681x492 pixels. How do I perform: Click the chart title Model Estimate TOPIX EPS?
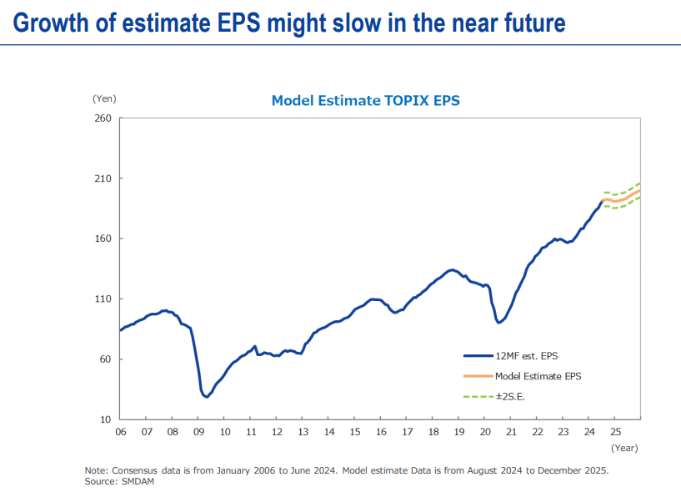pyautogui.click(x=365, y=101)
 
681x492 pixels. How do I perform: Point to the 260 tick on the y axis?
pyautogui.click(x=103, y=118)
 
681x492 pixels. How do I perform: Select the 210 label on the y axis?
pyautogui.click(x=103, y=178)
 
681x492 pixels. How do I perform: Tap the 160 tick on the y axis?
pyautogui.click(x=103, y=238)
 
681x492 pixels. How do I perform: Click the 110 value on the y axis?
pyautogui.click(x=103, y=299)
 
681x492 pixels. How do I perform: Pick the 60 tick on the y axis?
pyautogui.click(x=106, y=359)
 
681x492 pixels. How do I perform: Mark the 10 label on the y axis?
pyautogui.click(x=106, y=419)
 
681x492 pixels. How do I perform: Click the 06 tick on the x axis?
pyautogui.click(x=121, y=432)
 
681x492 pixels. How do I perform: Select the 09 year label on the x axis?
pyautogui.click(x=198, y=432)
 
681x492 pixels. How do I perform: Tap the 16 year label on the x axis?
pyautogui.click(x=380, y=432)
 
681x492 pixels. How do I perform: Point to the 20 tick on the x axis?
pyautogui.click(x=485, y=432)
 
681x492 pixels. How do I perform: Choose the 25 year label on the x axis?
pyautogui.click(x=615, y=432)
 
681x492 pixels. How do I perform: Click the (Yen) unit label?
pyautogui.click(x=104, y=98)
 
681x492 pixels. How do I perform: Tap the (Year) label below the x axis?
pyautogui.click(x=623, y=448)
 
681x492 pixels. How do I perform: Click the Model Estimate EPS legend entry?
pyautogui.click(x=538, y=376)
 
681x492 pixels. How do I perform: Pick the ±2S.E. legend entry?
pyautogui.click(x=510, y=396)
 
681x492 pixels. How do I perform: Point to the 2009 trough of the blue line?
pyautogui.click(x=206, y=396)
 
